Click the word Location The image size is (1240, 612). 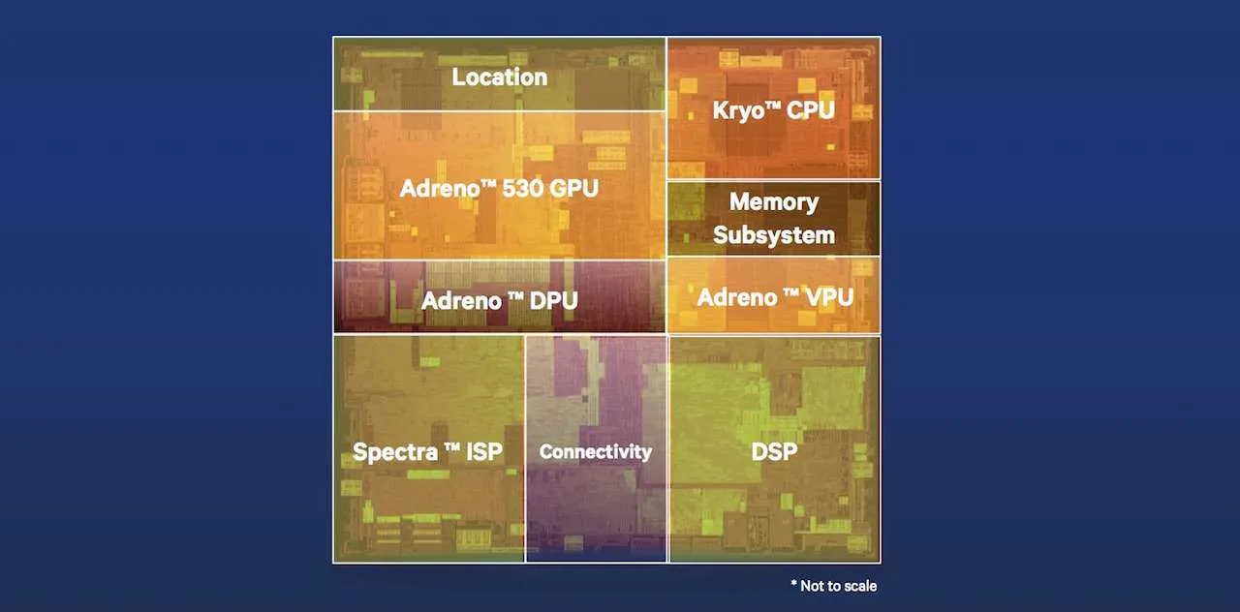(499, 76)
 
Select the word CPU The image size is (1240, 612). (811, 109)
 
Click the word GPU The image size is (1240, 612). (574, 189)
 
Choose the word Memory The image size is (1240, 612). (774, 202)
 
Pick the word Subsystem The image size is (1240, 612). (774, 235)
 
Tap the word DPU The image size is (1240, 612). (553, 301)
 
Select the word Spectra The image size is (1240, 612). (394, 452)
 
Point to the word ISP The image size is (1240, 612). (484, 451)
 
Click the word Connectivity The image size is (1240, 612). (596, 452)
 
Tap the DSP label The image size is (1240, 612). (774, 451)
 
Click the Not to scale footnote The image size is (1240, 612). (834, 586)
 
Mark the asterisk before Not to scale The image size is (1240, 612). (793, 583)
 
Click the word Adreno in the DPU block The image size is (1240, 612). (461, 301)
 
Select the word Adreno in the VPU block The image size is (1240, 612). (737, 297)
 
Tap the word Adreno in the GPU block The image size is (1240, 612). (440, 189)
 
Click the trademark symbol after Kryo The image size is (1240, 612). (773, 105)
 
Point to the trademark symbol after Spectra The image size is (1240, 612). (452, 447)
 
